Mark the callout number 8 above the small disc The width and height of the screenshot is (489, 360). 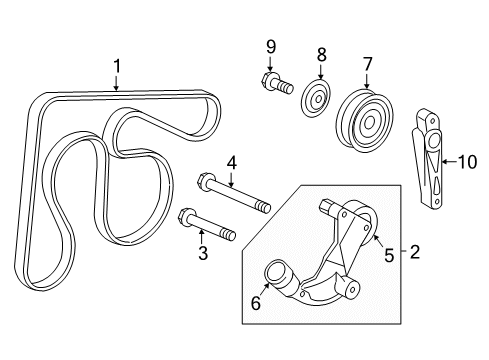coord(321,54)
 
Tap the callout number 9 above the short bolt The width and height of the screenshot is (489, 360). coord(269,45)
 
